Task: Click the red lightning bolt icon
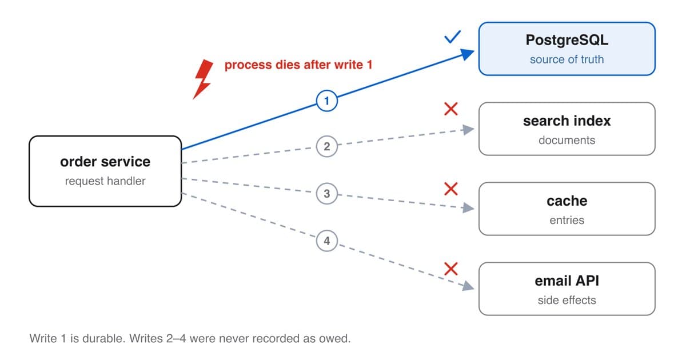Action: coord(203,79)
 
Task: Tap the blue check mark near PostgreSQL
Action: coord(452,37)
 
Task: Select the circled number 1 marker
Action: coord(327,101)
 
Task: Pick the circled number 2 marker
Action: coord(327,146)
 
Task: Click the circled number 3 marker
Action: coord(327,194)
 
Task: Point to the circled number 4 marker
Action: coord(327,241)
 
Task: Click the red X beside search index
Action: coord(451,109)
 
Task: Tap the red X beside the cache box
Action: coord(451,189)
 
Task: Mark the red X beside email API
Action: coord(451,269)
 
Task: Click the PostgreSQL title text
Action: coord(567,40)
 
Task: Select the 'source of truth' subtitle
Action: coord(567,59)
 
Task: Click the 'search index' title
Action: coord(567,121)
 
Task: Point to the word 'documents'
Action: coord(567,140)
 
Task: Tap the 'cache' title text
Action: coord(567,201)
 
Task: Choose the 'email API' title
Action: coord(567,281)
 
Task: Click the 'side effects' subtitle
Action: coord(567,301)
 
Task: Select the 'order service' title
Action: coord(105,162)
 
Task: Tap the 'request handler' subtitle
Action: coord(105,181)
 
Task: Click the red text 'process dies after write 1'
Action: coord(298,65)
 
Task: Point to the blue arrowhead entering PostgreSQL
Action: coord(468,54)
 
